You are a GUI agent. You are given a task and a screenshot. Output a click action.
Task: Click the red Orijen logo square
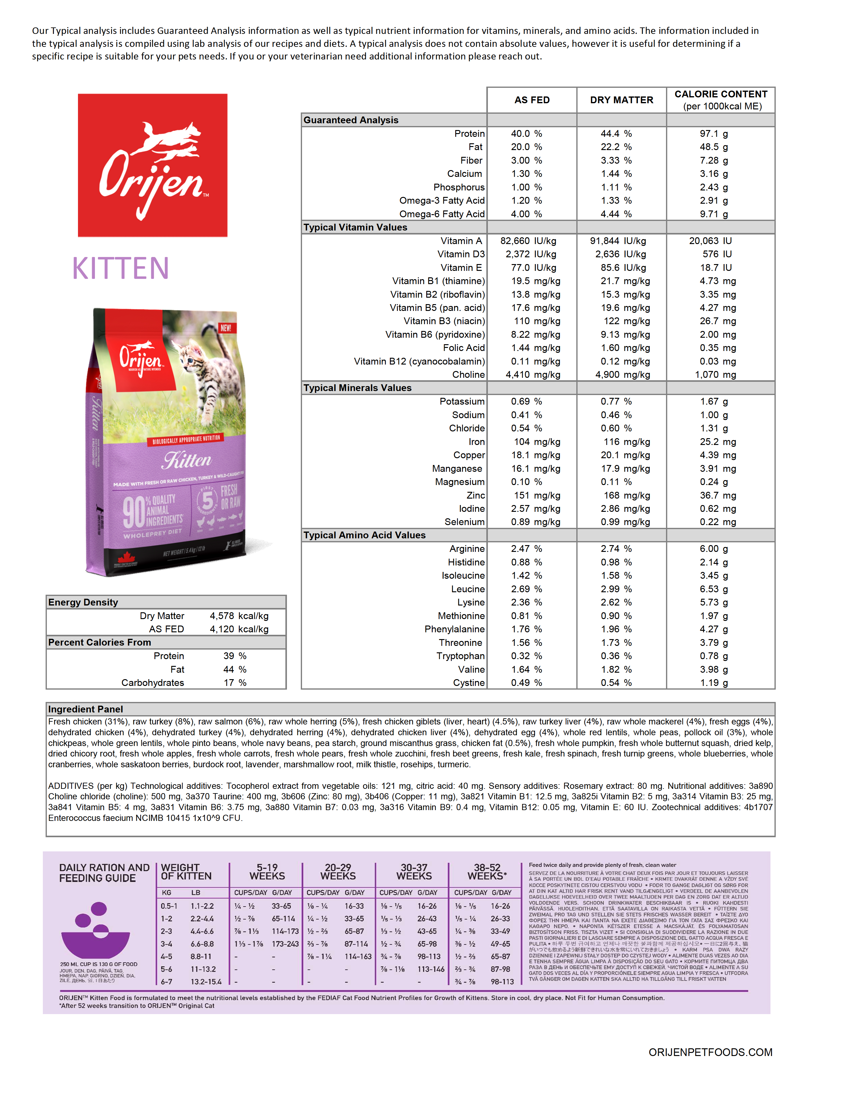point(152,165)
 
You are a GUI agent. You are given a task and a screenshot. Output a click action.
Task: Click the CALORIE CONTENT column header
point(721,100)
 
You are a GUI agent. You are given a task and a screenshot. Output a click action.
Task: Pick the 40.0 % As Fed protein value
point(526,133)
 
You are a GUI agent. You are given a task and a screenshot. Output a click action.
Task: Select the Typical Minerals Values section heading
point(357,388)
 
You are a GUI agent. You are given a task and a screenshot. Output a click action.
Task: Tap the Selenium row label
point(464,522)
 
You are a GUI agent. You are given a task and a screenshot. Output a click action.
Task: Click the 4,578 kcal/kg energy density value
point(239,616)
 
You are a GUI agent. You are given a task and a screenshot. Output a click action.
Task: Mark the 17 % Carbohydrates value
point(235,683)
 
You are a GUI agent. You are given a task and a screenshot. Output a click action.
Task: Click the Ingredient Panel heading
point(85,709)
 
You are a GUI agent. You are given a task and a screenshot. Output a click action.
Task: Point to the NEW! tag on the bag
point(226,328)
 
